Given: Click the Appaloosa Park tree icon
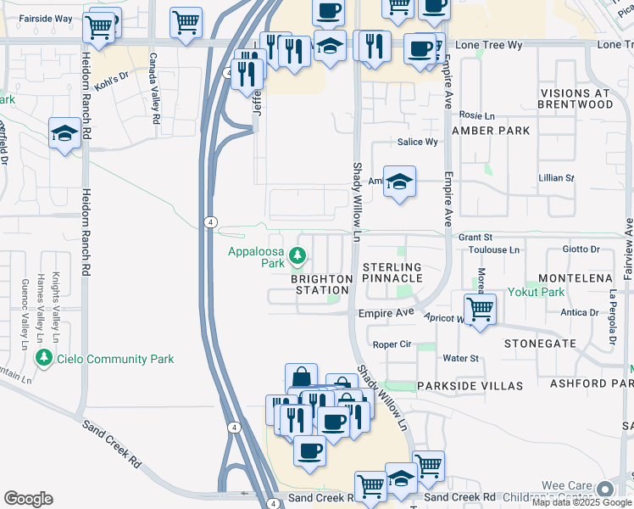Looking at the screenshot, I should pos(298,255).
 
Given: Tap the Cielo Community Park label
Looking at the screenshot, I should pos(115,359).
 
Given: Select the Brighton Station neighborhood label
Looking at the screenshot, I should pos(321,284).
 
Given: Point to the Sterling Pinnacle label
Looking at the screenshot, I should pos(392,272).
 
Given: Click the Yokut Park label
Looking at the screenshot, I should pos(536,291).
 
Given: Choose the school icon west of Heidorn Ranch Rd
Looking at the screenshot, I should pos(64,133).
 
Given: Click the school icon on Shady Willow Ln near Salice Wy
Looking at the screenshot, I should pos(399,182).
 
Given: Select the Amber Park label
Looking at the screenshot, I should pos(491,131).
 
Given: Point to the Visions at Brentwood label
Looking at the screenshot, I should pos(576,98).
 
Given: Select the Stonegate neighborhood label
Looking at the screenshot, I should pos(540,344).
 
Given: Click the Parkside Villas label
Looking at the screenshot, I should pos(470,386).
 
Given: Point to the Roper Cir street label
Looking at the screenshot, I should pos(392,345).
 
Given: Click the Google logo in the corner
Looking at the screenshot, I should pos(28,499).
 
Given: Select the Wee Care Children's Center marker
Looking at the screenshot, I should pos(605,489).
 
